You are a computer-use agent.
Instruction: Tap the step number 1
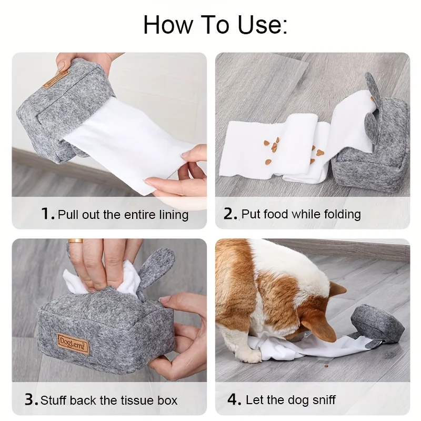46,214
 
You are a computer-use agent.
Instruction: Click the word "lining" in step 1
174,215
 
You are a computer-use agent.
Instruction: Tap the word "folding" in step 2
343,215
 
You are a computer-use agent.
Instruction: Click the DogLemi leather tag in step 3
73,344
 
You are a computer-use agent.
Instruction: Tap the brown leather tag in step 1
56,79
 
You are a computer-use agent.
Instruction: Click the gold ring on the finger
75,241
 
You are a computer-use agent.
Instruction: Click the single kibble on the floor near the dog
326,366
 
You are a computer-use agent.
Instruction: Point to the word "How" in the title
168,25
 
